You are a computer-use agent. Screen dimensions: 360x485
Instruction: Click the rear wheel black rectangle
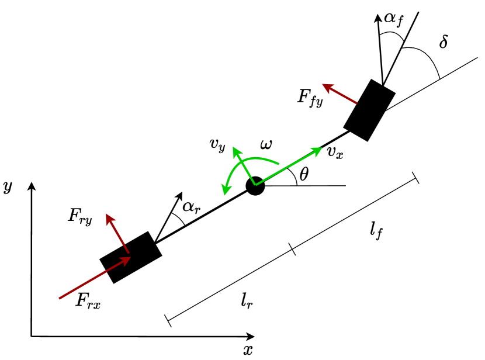pyautogui.click(x=130, y=257)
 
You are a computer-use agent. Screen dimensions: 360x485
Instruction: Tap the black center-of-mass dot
pyautogui.click(x=255, y=186)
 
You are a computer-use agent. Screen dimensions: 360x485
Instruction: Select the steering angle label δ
pyautogui.click(x=444, y=43)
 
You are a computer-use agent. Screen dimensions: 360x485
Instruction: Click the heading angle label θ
pyautogui.click(x=303, y=174)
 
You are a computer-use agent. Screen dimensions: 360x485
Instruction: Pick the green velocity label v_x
pyautogui.click(x=334, y=153)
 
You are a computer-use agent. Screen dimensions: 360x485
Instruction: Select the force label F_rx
pyautogui.click(x=88, y=300)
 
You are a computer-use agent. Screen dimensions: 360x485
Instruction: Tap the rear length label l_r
pyautogui.click(x=247, y=301)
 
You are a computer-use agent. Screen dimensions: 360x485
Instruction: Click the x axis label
pyautogui.click(x=248, y=350)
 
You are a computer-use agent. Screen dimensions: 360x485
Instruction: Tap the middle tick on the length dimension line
pyautogui.click(x=293, y=250)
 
